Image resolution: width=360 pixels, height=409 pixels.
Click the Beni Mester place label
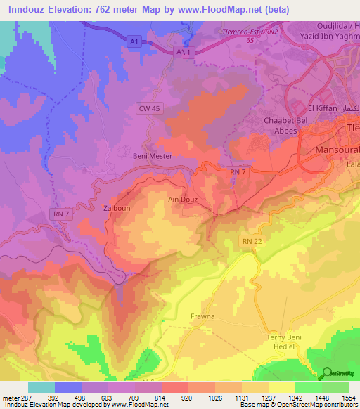[x=153, y=157]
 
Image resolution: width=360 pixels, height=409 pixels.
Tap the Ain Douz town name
[x=202, y=200]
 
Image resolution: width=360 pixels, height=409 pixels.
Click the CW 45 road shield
[x=150, y=108]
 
